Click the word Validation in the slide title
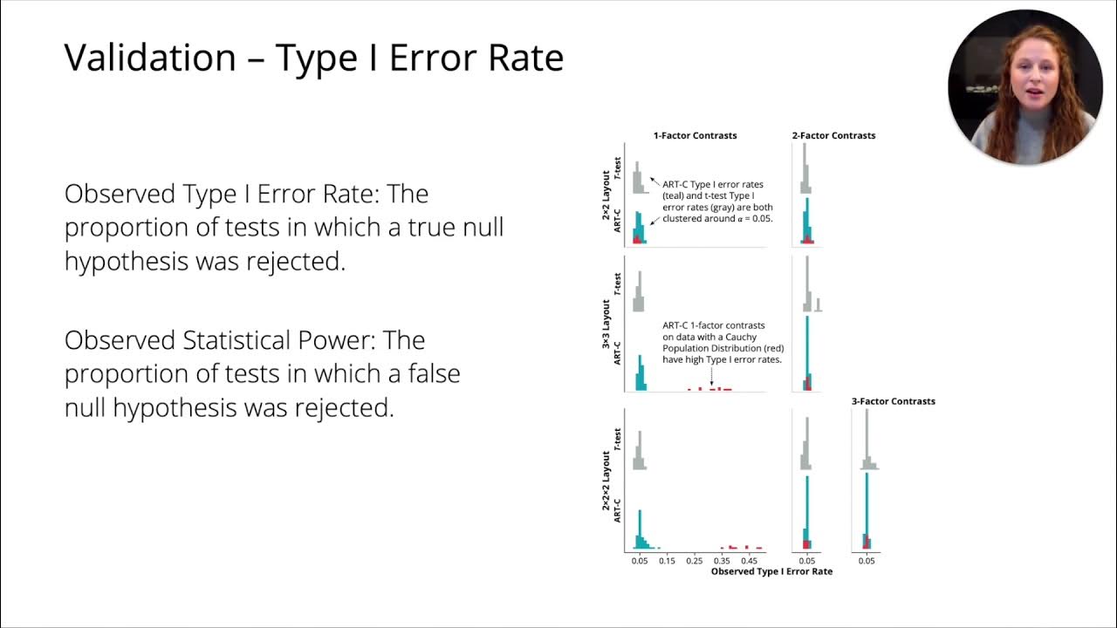coord(150,58)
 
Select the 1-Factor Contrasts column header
coord(695,135)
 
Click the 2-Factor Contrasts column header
coord(833,135)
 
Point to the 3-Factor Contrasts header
coord(893,401)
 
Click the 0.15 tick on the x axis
coord(666,561)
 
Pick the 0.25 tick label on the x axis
coord(694,561)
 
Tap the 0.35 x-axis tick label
coord(722,561)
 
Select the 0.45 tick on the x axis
coord(750,561)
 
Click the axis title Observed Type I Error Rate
coord(771,571)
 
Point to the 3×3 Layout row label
coord(606,324)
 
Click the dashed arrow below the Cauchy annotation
coord(711,376)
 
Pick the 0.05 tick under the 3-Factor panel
coord(866,561)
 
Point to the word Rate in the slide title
coord(525,58)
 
